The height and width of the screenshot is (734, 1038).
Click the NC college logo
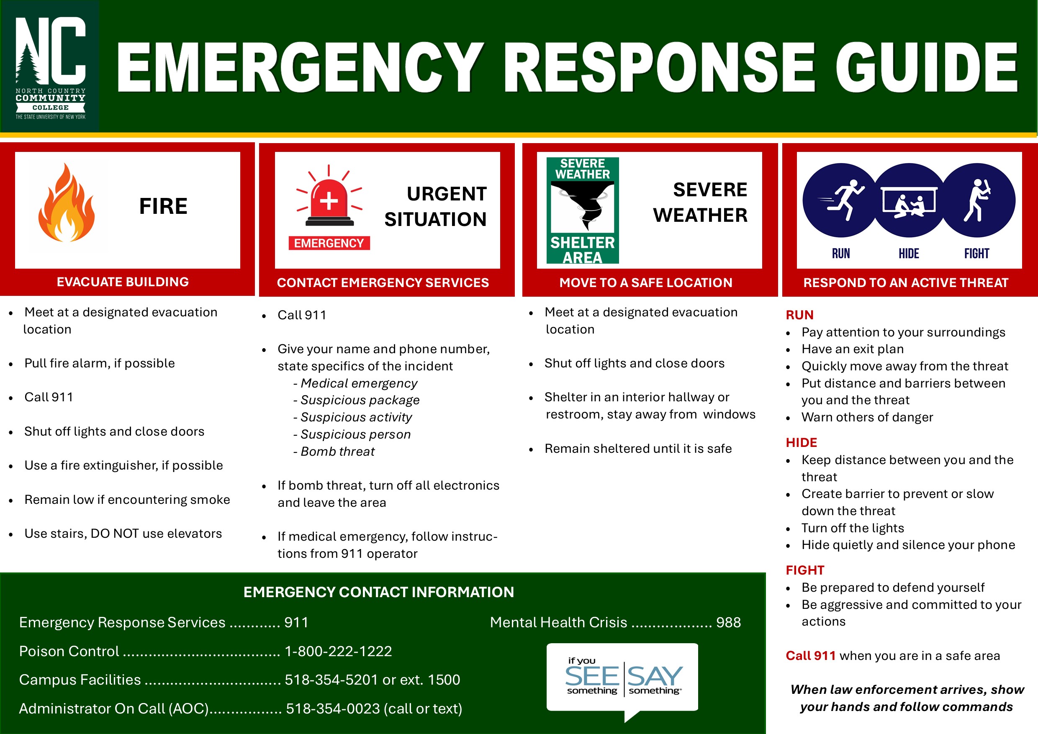click(x=50, y=67)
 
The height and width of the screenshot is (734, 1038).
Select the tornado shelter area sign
click(x=582, y=210)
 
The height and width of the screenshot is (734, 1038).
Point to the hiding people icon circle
click(x=909, y=200)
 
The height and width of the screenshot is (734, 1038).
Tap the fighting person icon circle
click(x=978, y=200)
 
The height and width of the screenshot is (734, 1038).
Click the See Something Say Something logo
click(x=622, y=678)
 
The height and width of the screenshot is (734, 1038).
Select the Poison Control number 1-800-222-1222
click(x=338, y=651)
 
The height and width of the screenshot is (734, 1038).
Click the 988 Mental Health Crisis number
click(x=728, y=622)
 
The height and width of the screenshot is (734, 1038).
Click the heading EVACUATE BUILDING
click(x=123, y=282)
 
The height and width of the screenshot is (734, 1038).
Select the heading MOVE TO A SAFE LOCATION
click(x=645, y=283)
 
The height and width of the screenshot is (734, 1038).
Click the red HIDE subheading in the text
click(x=801, y=442)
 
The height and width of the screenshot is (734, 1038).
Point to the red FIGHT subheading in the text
click(x=805, y=570)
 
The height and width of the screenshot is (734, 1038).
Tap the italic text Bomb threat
click(x=337, y=452)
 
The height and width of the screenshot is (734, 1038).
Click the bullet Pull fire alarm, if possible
click(x=100, y=363)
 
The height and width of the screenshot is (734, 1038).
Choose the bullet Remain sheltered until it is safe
click(x=638, y=449)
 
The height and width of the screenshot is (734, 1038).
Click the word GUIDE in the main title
click(x=926, y=68)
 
